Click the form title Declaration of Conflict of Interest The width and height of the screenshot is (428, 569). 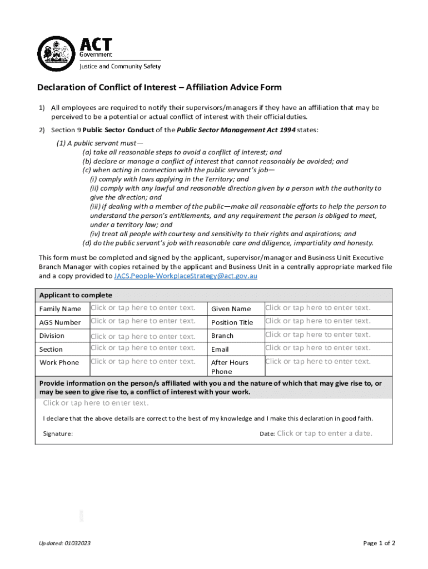point(159,87)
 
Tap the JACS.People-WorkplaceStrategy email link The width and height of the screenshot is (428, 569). point(185,276)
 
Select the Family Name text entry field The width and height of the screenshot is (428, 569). point(143,308)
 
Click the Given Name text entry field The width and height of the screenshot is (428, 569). point(317,308)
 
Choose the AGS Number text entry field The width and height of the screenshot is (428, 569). point(143,321)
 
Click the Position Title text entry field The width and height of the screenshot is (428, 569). point(317,321)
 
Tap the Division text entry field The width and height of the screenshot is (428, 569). point(143,336)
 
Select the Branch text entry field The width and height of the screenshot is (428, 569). point(317,335)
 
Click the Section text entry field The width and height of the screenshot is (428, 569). point(143,348)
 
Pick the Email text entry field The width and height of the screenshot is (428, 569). point(317,348)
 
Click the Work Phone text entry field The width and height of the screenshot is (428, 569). point(143,361)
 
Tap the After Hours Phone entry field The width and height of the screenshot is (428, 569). point(317,361)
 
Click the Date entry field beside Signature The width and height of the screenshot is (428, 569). point(325,433)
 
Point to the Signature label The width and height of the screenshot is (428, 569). point(58,434)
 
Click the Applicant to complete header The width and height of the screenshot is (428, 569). point(76,295)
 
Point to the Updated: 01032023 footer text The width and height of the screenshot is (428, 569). point(65,543)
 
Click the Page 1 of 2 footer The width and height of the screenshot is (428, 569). point(379,543)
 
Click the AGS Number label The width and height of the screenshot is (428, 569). point(60,322)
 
